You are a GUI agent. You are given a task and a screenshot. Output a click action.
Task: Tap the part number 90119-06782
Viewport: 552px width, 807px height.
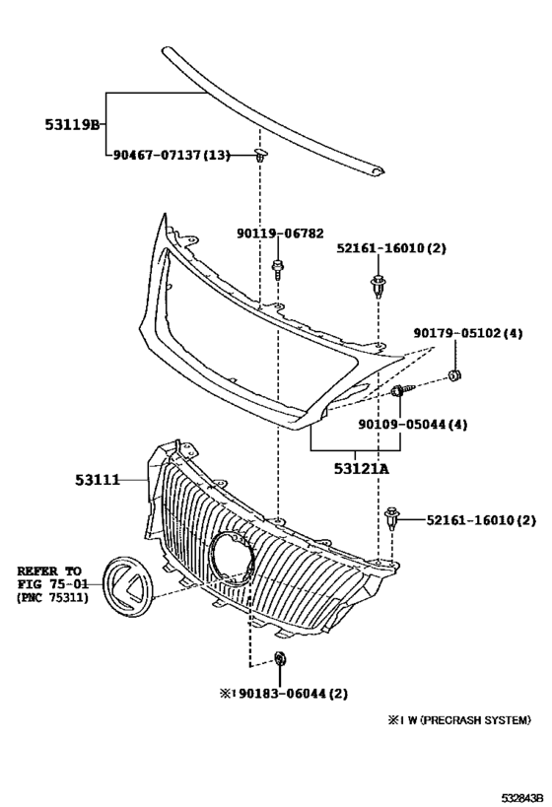[279, 234]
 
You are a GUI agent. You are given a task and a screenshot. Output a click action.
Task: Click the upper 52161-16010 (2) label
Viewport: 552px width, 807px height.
[391, 248]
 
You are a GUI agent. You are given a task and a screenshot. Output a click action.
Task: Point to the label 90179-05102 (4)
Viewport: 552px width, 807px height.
[468, 334]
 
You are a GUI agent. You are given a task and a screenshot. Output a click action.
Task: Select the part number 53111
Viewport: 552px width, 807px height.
[97, 481]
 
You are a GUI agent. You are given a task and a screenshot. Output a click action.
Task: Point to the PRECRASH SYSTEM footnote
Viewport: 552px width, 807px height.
[458, 720]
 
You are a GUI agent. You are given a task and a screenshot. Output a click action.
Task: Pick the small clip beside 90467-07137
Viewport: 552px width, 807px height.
[260, 155]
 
